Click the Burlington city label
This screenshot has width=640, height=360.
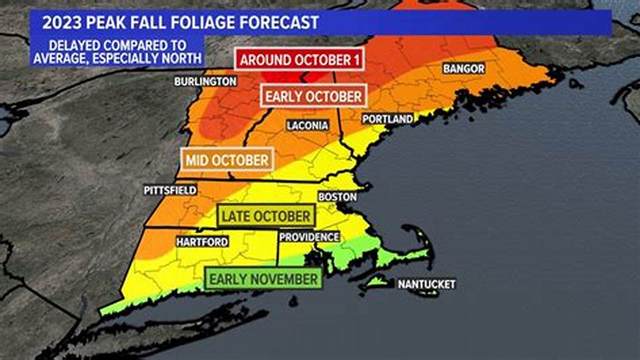pyautogui.click(x=205, y=81)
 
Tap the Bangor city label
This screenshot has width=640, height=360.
pyautogui.click(x=463, y=69)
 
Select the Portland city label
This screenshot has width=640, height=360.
pyautogui.click(x=387, y=119)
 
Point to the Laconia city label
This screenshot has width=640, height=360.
pyautogui.click(x=307, y=125)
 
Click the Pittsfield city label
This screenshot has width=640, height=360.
pyautogui.click(x=170, y=190)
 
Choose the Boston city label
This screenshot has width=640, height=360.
pyautogui.click(x=337, y=196)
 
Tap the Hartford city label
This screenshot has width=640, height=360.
pyautogui.click(x=202, y=242)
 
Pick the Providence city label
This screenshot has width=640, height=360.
pyautogui.click(x=309, y=237)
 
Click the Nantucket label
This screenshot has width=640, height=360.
pyautogui.click(x=426, y=284)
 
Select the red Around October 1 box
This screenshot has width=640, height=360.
pyautogui.click(x=300, y=60)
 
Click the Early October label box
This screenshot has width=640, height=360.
pyautogui.click(x=313, y=96)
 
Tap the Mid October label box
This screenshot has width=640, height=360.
pyautogui.click(x=227, y=160)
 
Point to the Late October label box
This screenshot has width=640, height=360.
pyautogui.click(x=266, y=216)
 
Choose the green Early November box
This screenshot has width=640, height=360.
pyautogui.click(x=263, y=279)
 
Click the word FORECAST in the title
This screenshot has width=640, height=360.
pyautogui.click(x=284, y=22)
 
